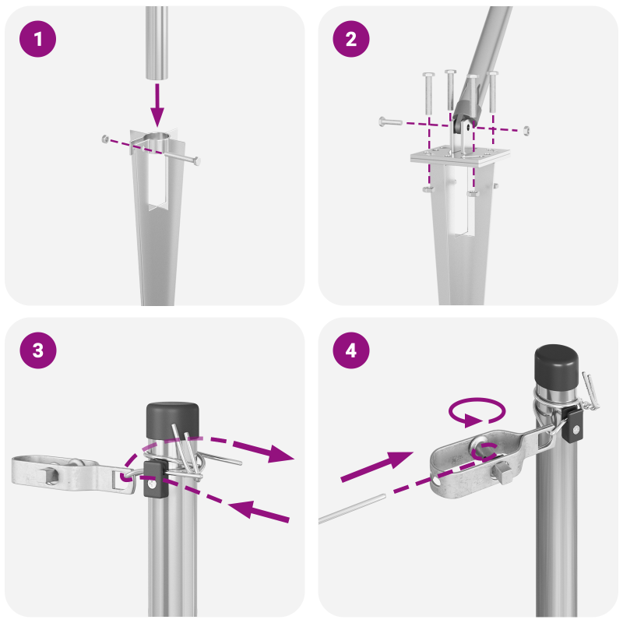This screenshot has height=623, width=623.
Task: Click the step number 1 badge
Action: (x=37, y=40)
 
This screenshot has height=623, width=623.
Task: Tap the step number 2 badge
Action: (x=351, y=40)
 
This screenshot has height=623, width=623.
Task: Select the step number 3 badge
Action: (x=37, y=351)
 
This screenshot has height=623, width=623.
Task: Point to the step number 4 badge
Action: (x=351, y=351)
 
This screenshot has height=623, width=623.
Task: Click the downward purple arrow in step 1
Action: (x=159, y=105)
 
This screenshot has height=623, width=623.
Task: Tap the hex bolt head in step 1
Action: (x=197, y=161)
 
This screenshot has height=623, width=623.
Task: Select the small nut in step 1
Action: (x=104, y=139)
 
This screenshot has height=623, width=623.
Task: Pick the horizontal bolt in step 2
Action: (x=396, y=121)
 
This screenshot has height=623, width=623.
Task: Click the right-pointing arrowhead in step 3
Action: (x=280, y=456)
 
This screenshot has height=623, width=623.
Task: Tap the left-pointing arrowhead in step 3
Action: (x=241, y=509)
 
